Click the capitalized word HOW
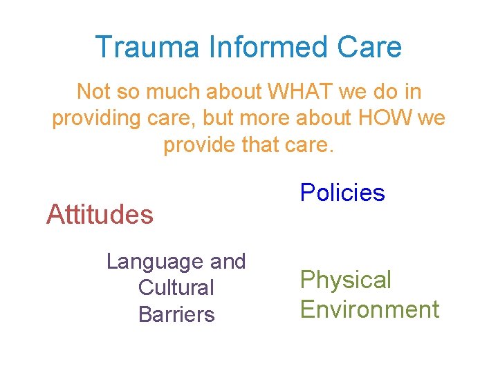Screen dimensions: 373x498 [386, 118]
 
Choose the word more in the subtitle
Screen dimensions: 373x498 [266, 118]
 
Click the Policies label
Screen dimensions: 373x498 [342, 193]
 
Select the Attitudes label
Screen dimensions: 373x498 [100, 214]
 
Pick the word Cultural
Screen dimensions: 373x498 [176, 288]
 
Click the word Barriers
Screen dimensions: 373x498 [176, 314]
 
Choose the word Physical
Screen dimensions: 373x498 [346, 280]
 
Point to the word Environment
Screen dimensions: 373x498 [369, 309]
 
